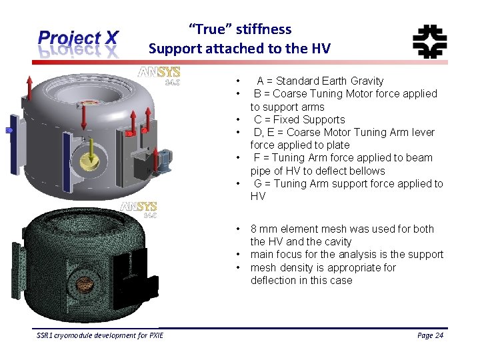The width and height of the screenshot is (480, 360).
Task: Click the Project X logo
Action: pos(79,43)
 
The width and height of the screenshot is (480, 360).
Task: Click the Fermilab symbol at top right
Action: pos(429,41)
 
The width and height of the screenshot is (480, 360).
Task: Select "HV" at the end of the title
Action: pos(320,48)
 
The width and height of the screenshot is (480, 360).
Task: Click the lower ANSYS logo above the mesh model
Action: pos(138,209)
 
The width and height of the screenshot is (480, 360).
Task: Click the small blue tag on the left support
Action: pos(9,131)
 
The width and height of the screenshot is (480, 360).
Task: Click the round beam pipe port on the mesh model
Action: pos(84,283)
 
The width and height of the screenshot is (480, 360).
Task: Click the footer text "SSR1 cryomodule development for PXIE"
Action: pos(99,335)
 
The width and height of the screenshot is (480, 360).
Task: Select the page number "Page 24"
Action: pos(430,335)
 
